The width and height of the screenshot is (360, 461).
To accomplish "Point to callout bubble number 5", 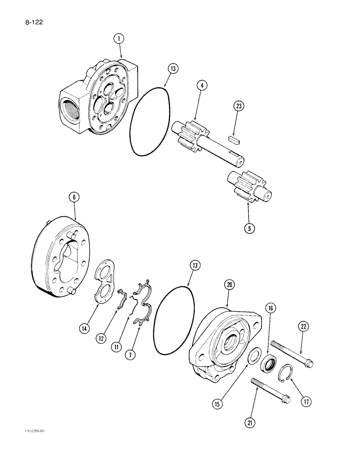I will point(249,227).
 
